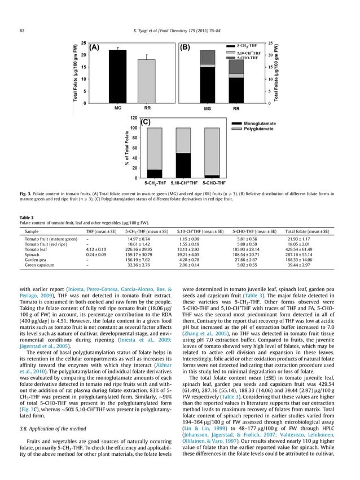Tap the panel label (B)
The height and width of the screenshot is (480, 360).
(x=186, y=48)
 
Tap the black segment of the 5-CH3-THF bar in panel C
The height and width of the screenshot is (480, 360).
(x=154, y=174)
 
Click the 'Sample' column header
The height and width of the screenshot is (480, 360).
(x=32, y=231)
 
